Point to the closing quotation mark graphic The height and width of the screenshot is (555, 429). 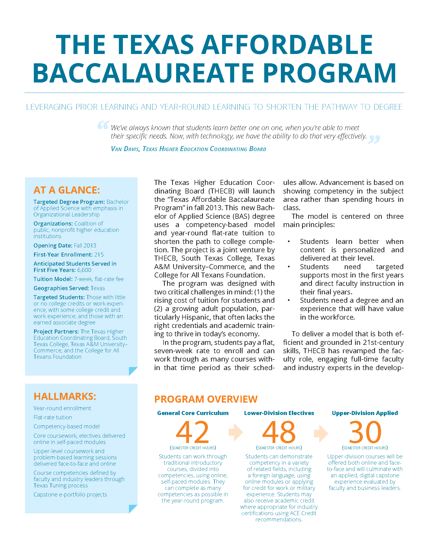374,139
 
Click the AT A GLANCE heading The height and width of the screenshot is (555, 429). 67,190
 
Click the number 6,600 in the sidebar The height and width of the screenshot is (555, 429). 84,270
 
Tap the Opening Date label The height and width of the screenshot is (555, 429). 53,245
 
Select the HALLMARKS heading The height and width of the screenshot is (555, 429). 65,396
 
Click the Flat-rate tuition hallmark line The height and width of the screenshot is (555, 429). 53,417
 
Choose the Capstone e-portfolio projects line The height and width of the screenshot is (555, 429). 70,494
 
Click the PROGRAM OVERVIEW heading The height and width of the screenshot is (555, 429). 206,399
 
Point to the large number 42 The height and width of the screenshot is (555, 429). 192,432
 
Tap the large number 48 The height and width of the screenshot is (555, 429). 279,432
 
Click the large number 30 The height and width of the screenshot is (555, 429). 365,432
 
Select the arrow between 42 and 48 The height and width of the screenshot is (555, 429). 236,432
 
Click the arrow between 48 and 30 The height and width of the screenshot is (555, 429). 321,432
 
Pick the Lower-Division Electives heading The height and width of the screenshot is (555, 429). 279,413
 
